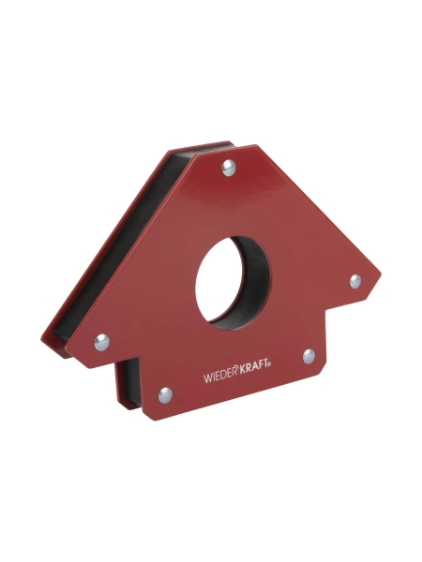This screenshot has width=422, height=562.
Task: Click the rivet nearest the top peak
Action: pos(228,168)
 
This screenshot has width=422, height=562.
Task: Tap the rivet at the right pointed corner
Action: pos(355,281)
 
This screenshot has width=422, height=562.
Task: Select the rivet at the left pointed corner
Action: pos(101,342)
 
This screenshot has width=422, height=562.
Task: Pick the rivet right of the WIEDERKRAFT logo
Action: pos(309,356)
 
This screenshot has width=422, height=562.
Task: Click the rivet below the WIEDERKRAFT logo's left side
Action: pos(165,395)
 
